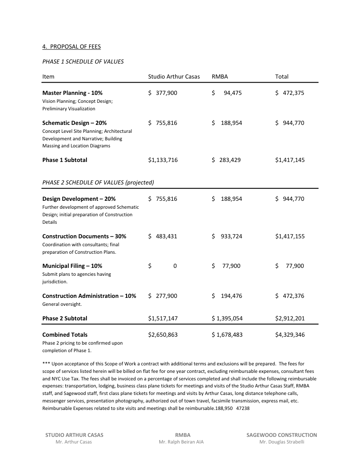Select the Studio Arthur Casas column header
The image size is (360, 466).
[x=174, y=76]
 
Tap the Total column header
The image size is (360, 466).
[x=282, y=76]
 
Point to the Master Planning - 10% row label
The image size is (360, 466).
[x=72, y=93]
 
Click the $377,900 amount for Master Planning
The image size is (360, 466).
[x=163, y=93]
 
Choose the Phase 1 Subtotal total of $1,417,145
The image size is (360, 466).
[x=289, y=160]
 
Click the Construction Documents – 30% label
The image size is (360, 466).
[x=84, y=236]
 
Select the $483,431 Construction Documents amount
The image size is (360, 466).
[x=163, y=236]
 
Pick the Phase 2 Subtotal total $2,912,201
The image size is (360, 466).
[x=289, y=318]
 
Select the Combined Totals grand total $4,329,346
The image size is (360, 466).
[x=289, y=334]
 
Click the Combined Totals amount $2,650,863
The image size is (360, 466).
[x=163, y=334]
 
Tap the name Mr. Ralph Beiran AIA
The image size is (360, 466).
[x=181, y=442]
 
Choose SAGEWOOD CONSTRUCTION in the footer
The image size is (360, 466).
[x=281, y=435]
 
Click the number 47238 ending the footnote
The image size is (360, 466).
[x=243, y=408]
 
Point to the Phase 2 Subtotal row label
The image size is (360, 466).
[x=65, y=318]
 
